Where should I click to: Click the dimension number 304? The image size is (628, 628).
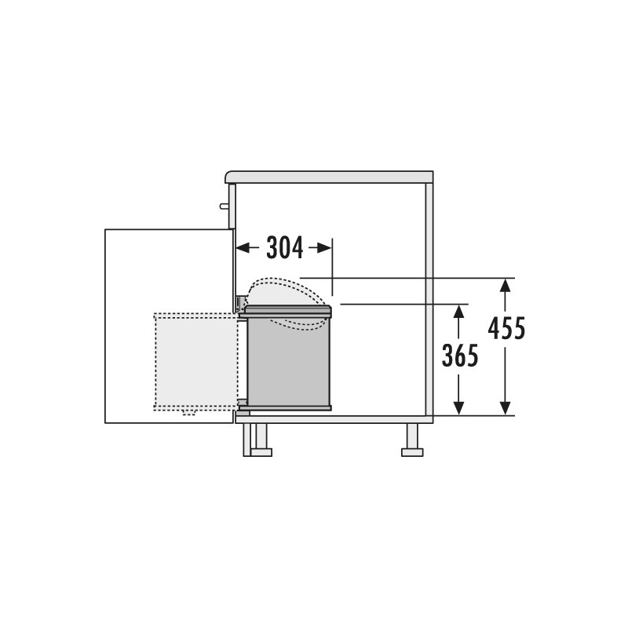(285, 248)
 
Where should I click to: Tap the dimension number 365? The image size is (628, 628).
(460, 356)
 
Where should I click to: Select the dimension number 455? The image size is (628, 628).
(506, 328)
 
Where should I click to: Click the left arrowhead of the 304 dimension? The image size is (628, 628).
(242, 248)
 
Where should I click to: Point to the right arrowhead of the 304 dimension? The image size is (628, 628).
(325, 248)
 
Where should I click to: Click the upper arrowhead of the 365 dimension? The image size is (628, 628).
(458, 311)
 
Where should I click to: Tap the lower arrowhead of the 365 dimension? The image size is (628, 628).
(458, 408)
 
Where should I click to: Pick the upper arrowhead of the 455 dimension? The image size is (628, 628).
(506, 285)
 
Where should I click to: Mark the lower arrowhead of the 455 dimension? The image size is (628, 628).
(506, 408)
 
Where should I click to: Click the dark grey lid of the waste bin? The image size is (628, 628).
(288, 311)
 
